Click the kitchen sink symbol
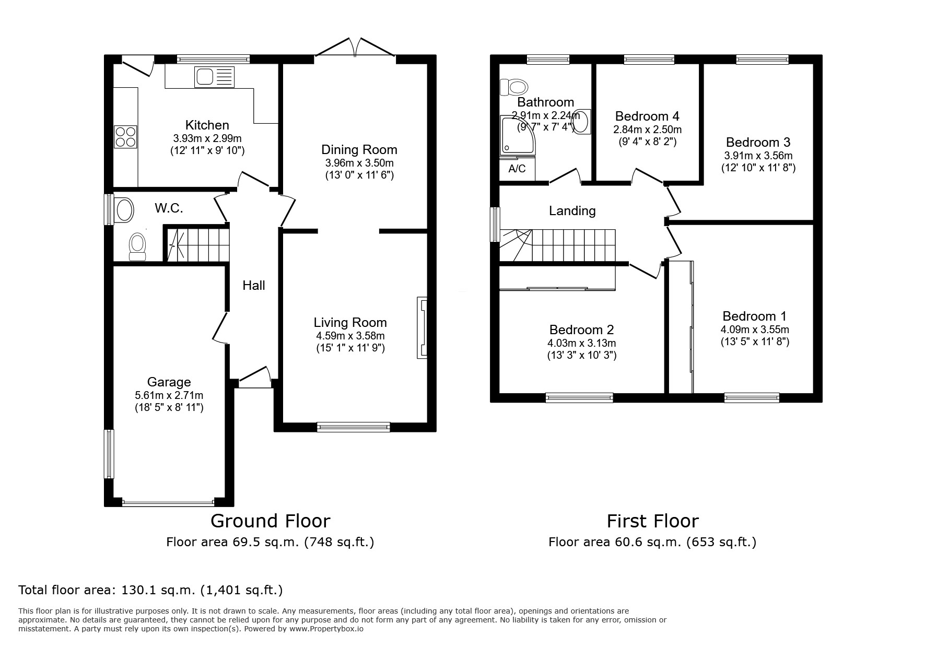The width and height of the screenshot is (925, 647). (214, 77)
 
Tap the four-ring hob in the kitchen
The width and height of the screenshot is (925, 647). (125, 136)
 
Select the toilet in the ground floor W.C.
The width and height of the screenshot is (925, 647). (137, 246)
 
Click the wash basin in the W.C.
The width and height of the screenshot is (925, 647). (124, 210)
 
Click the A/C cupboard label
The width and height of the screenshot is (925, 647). (517, 169)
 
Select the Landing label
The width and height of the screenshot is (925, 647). (572, 210)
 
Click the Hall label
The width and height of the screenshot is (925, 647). (254, 285)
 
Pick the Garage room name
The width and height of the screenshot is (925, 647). (169, 382)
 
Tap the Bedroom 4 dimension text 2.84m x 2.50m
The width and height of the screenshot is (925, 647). (648, 130)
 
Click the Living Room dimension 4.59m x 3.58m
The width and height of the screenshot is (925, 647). (350, 336)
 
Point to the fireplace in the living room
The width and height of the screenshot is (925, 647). (422, 328)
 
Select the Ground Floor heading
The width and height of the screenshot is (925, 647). (271, 521)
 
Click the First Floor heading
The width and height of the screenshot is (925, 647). (653, 521)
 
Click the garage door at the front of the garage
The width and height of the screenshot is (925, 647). (168, 503)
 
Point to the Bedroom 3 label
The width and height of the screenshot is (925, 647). (758, 142)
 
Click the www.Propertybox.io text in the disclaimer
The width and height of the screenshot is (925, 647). (326, 629)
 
